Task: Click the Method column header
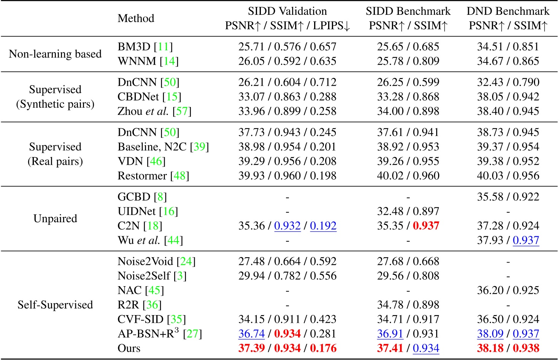[136, 18]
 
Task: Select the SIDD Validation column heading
[287, 11]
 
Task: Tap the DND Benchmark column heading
[508, 11]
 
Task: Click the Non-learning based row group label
[55, 54]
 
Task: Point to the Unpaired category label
[55, 218]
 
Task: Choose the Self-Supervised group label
[55, 305]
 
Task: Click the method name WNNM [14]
[148, 61]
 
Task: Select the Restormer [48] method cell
[153, 175]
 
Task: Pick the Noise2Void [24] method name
[156, 261]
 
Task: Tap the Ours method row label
[129, 348]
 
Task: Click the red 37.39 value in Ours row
[251, 348]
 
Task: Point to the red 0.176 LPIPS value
[323, 348]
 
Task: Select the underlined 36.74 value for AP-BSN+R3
[251, 334]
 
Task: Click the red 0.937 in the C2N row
[426, 226]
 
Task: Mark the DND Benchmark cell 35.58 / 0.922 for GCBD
[508, 197]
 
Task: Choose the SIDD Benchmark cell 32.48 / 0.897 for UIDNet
[408, 211]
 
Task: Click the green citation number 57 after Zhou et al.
[182, 111]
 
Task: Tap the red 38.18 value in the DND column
[490, 348]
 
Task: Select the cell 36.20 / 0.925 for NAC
[508, 290]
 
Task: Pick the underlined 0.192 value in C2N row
[323, 226]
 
